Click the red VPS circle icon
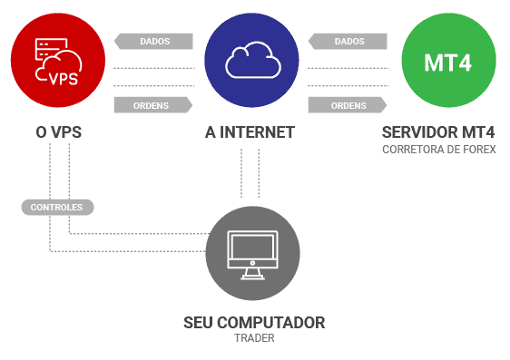click(58, 60)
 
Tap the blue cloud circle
click(251, 60)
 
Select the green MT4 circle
click(449, 60)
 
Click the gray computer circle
click(252, 253)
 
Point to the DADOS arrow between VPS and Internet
click(153, 42)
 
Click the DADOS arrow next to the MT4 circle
click(348, 42)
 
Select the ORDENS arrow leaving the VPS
click(153, 105)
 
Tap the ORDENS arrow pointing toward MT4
click(348, 105)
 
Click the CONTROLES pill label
click(57, 207)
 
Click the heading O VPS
click(59, 132)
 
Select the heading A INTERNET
click(250, 132)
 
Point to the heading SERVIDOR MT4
click(438, 132)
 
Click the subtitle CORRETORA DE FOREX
click(439, 150)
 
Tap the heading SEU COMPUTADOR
click(254, 323)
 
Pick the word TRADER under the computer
click(254, 338)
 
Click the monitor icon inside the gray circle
click(252, 255)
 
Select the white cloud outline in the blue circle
click(253, 60)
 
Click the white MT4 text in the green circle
click(448, 63)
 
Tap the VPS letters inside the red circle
click(64, 79)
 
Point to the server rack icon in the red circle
click(51, 49)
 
